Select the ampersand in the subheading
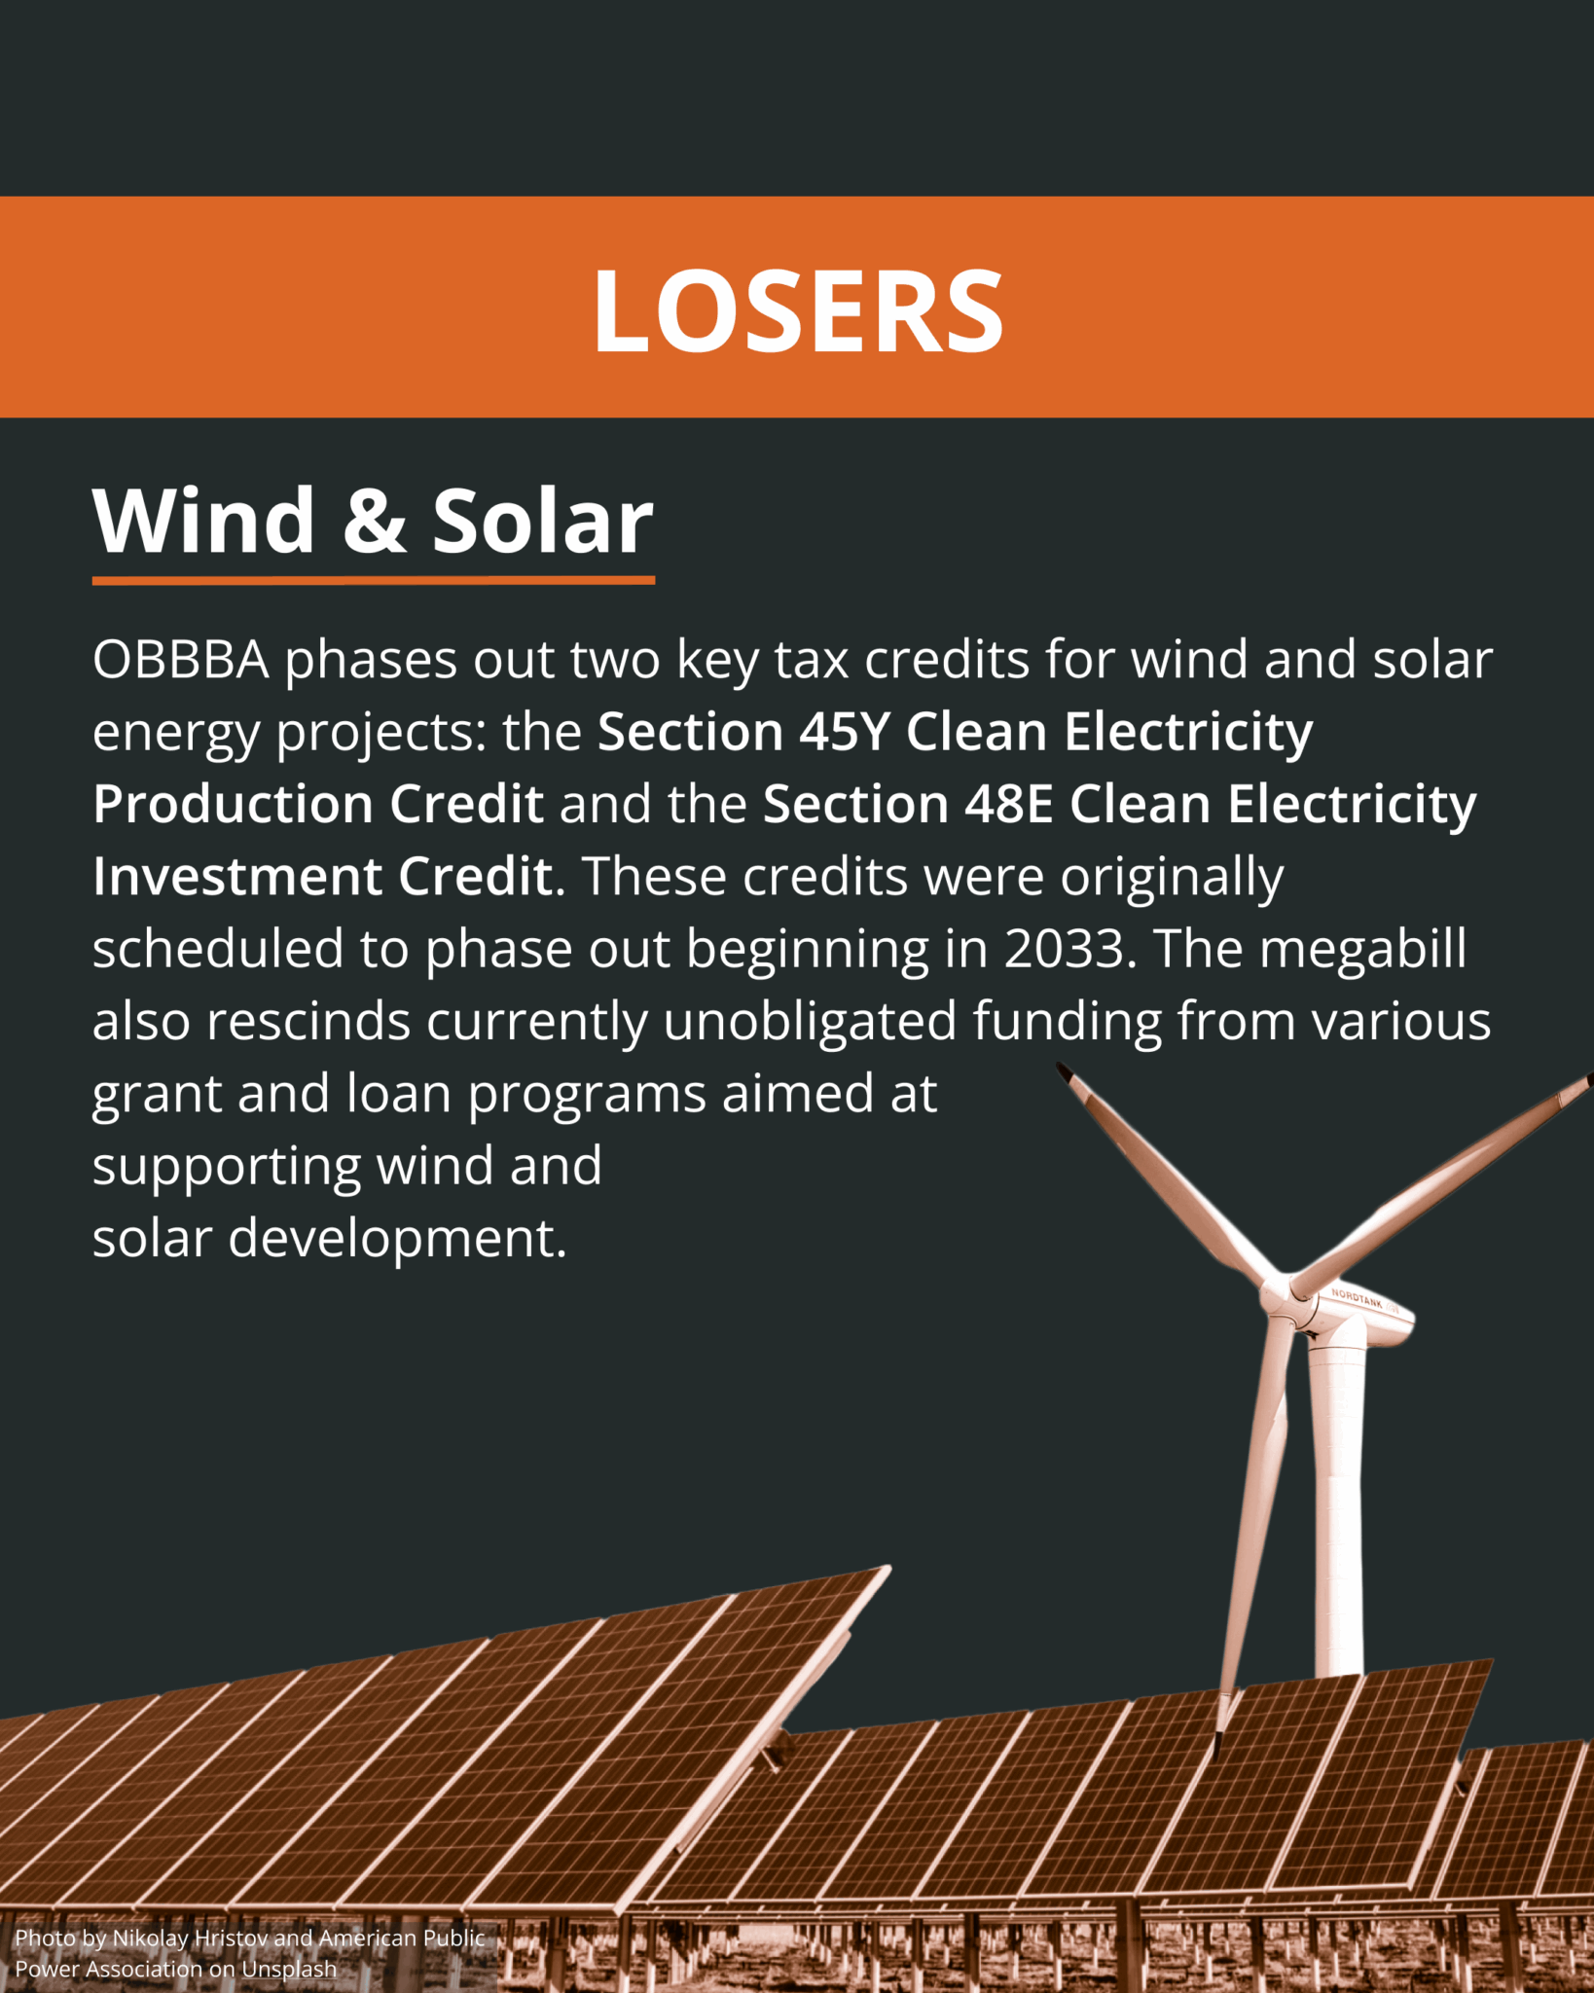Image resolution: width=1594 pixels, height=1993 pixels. click(375, 522)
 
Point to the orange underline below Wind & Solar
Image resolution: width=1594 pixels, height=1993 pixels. click(374, 580)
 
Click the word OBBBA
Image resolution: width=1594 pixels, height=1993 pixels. click(180, 660)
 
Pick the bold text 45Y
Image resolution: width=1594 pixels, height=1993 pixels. click(845, 732)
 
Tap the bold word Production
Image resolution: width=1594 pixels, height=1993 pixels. click(234, 804)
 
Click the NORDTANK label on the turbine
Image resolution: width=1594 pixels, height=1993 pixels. click(1357, 1298)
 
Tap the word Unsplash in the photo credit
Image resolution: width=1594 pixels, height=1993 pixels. click(289, 1969)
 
